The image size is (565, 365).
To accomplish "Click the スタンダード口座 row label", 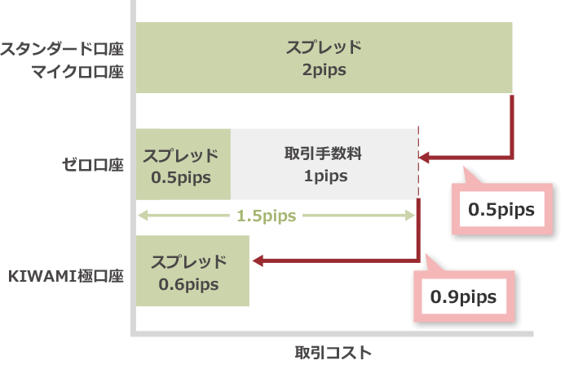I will pos(62,48).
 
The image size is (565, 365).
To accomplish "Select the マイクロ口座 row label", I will pos(77,72).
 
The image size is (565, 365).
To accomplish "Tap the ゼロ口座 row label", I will pos(92,165).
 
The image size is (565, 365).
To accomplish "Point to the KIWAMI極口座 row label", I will pos(65,275).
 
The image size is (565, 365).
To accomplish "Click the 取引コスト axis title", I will pos(333,352).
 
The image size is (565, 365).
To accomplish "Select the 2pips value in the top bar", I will pos(324,70).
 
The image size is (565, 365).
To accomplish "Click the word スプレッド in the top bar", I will pos(324,47).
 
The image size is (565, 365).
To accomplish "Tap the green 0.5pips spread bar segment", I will pos(183,164).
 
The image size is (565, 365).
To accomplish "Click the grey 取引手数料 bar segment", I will pos(324,164).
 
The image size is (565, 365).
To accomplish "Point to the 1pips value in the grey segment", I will pos(324,176).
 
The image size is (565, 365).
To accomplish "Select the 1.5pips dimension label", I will pos(267,216).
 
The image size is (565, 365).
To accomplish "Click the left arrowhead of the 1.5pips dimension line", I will pos(142,216).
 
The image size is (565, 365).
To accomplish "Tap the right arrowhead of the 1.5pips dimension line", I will pos(412,216).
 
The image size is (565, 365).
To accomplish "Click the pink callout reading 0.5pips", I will pos(501,209).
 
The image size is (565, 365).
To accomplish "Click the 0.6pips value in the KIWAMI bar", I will pos(189,284).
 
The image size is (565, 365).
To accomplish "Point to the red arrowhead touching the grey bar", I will pos(426,158).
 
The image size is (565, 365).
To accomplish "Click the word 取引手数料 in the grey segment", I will pos(324,154).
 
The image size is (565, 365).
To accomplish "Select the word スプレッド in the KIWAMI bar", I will pos(189,262).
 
